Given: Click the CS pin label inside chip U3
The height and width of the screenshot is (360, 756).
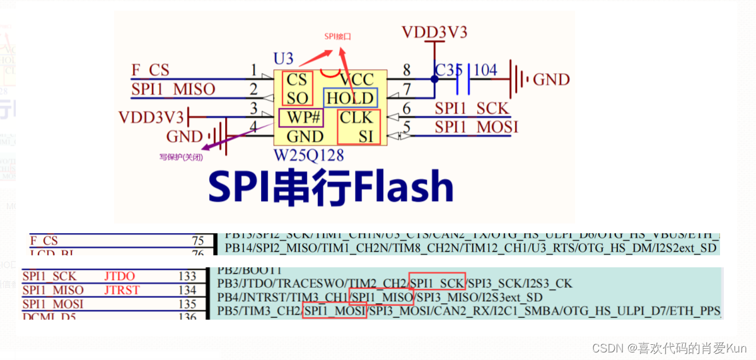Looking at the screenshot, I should (296, 80).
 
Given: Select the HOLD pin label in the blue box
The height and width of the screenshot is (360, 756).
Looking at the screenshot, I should (350, 98).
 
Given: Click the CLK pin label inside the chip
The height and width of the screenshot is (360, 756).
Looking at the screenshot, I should (357, 118).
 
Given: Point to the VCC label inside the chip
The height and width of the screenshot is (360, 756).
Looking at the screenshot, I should (357, 80).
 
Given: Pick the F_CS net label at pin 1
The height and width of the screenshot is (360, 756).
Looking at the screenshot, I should (150, 69).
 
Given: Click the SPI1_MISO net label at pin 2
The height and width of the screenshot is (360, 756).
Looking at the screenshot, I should (173, 89).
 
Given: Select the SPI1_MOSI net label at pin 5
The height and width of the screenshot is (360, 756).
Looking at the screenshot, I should (477, 127).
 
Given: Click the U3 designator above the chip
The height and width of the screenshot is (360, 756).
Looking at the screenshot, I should (283, 59).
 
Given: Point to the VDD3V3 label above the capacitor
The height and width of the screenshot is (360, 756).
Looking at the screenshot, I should (434, 32).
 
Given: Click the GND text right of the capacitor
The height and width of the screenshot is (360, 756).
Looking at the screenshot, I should (551, 80).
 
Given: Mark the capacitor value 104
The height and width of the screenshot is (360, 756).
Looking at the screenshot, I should (485, 69).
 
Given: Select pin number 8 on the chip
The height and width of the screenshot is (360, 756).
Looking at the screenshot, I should (407, 69).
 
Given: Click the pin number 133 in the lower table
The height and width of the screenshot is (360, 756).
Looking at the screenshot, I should (187, 276).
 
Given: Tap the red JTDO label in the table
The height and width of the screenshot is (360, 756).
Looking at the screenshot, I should (120, 276).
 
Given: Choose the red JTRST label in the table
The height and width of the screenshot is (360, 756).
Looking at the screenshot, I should (122, 290).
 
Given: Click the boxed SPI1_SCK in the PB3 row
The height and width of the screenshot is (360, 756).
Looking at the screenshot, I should (438, 283).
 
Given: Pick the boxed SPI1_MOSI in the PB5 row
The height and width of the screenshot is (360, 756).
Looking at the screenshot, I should (334, 310).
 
